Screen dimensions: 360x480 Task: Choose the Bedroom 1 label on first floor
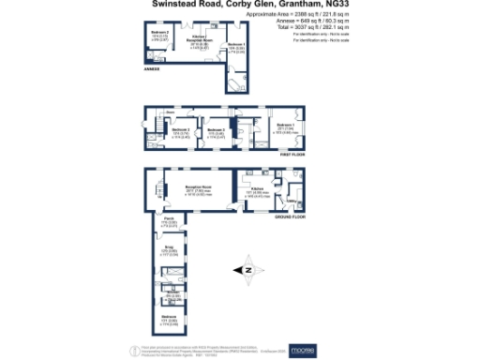tap(286, 125)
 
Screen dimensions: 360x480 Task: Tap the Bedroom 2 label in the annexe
tap(157, 34)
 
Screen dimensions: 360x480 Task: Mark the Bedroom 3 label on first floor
tap(216, 130)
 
